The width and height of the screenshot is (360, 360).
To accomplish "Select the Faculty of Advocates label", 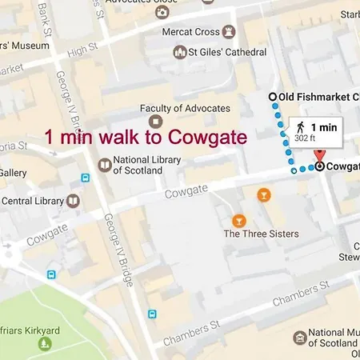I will coord(185,108).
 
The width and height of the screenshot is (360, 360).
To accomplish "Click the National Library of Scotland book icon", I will coord(103,165).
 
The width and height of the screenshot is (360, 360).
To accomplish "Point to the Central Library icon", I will coord(74,200).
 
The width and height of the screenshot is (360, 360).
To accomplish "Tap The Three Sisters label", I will coord(261,234).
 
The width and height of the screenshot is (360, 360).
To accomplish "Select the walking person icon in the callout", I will coord(300,127).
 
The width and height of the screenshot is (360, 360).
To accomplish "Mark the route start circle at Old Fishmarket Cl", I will coord(272,97).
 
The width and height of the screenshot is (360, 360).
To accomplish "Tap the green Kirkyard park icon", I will coord(44,344).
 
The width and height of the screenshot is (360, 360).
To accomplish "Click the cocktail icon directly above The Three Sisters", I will coord(238,219).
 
